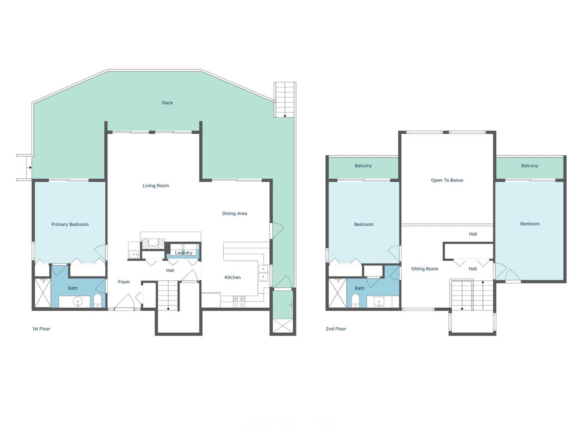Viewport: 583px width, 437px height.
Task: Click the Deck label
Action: tap(167, 103)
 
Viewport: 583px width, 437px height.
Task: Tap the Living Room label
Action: tap(156, 186)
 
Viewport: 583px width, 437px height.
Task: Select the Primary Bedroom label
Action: tap(70, 224)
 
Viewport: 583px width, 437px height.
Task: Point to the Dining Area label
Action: tap(235, 213)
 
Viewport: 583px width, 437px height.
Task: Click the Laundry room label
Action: tap(184, 253)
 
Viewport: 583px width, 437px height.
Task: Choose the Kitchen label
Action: tap(233, 277)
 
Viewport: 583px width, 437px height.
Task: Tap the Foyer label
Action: tap(124, 282)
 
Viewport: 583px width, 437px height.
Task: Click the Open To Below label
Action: tap(447, 180)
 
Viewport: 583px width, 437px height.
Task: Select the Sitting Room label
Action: tap(424, 269)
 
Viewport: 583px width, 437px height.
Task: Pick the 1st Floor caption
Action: tap(41, 329)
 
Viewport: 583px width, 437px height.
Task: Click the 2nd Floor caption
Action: tap(336, 329)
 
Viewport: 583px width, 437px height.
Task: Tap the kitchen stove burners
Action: tap(239, 302)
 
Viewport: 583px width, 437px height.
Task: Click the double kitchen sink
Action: tap(263, 273)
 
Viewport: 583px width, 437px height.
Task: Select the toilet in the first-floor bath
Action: tap(97, 300)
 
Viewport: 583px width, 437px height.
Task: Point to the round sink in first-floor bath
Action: tap(78, 301)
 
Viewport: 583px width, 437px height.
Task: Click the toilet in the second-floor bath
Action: tap(355, 300)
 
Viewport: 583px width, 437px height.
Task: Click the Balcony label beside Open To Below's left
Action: tap(363, 166)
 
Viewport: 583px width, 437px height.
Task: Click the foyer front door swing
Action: tap(124, 301)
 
